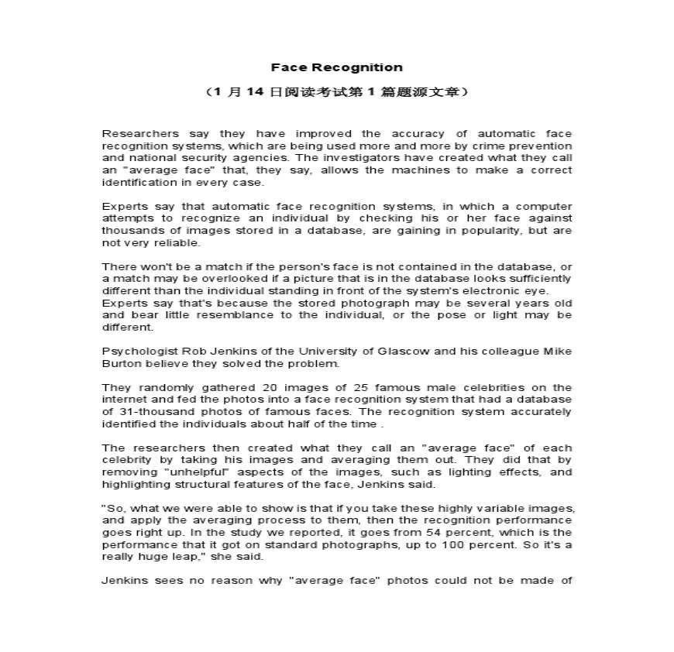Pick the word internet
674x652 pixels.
[123, 400]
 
